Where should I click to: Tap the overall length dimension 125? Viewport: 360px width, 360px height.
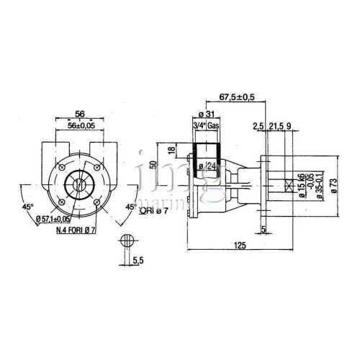[240, 246]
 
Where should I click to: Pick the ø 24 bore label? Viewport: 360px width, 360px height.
[210, 167]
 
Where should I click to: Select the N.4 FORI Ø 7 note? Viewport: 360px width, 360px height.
[77, 230]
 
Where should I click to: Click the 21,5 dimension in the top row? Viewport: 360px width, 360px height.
[277, 127]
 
